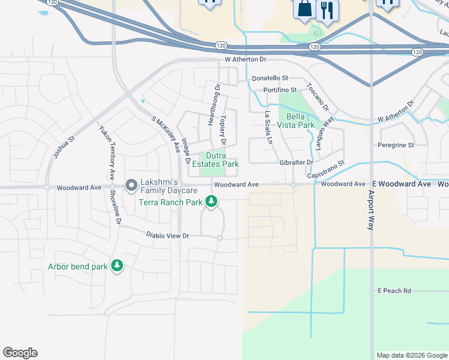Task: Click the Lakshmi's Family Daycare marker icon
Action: (130, 186)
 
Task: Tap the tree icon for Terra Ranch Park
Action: (211, 202)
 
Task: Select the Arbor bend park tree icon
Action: (117, 265)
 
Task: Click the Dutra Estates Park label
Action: (219, 160)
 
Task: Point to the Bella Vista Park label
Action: (301, 121)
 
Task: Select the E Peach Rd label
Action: (394, 291)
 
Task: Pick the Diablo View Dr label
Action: (167, 236)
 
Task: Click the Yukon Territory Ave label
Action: (107, 153)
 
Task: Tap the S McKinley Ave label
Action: (166, 133)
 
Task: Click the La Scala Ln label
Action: (269, 130)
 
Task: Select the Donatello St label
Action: (270, 79)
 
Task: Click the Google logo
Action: (20, 353)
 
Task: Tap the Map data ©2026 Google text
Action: (411, 355)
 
